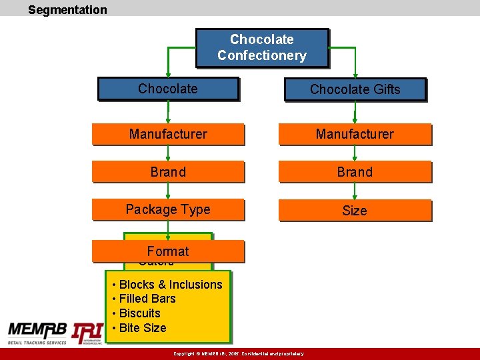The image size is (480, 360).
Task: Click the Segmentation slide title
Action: pyautogui.click(x=67, y=10)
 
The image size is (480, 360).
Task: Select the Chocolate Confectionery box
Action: pyautogui.click(x=262, y=47)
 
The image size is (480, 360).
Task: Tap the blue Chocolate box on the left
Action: pyautogui.click(x=168, y=89)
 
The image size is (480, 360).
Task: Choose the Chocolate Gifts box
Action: pyautogui.click(x=355, y=89)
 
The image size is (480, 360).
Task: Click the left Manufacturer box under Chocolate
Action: pyautogui.click(x=168, y=134)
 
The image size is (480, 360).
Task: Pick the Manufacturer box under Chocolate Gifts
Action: pyautogui.click(x=355, y=134)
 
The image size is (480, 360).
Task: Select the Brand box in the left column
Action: pyautogui.click(x=168, y=172)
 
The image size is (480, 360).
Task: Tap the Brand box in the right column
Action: pyautogui.click(x=355, y=172)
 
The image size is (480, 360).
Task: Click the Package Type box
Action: pyautogui.click(x=168, y=209)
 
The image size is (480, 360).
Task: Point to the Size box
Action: pyautogui.click(x=355, y=211)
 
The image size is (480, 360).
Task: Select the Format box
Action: pyautogui.click(x=168, y=251)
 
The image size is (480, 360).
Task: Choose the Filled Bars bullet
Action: pyautogui.click(x=147, y=299)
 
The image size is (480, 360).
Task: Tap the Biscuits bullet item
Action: pyautogui.click(x=139, y=313)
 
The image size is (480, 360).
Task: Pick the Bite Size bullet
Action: pyautogui.click(x=142, y=328)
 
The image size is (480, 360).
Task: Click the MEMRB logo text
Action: pyautogui.click(x=37, y=331)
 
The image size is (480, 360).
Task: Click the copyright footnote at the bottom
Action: pyautogui.click(x=238, y=354)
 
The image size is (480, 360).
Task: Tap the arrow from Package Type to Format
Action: pyautogui.click(x=168, y=230)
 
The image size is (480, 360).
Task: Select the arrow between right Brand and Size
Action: pyautogui.click(x=355, y=191)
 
